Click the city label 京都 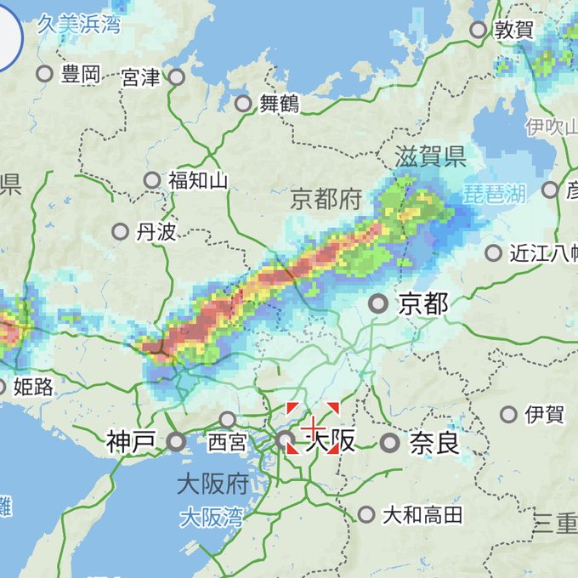click(422, 303)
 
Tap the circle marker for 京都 click(378, 303)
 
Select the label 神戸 click(132, 441)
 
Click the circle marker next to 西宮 click(227, 419)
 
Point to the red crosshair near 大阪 click(313, 428)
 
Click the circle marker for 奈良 click(389, 442)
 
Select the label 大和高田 click(422, 514)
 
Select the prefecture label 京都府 click(326, 200)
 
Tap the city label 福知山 click(197, 180)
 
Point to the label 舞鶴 click(280, 104)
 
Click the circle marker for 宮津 click(176, 76)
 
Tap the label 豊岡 click(81, 74)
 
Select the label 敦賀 click(514, 31)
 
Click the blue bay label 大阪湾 click(211, 516)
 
